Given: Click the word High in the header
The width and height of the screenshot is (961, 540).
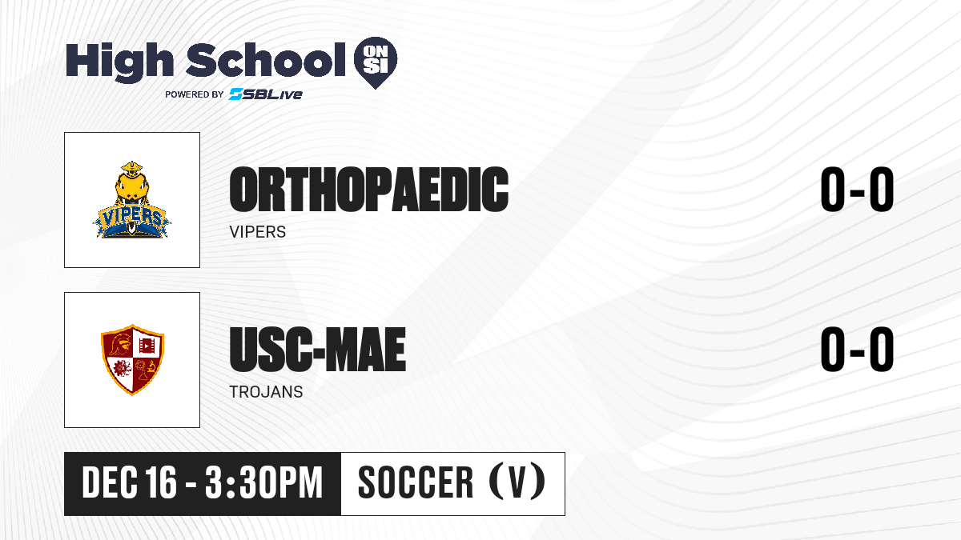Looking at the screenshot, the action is point(119,62).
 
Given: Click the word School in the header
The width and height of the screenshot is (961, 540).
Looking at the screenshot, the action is point(266,60).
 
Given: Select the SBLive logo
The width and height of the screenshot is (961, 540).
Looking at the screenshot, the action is point(266,94).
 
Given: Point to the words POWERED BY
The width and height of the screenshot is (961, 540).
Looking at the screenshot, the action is point(195,94).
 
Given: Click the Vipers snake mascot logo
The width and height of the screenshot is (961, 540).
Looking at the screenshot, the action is point(131,200).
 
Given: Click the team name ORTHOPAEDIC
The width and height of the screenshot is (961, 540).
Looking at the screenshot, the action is point(369,190).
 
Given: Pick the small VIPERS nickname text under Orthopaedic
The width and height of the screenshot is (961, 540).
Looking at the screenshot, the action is point(257,232).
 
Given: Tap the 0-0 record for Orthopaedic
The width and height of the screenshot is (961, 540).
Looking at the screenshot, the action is point(857,190).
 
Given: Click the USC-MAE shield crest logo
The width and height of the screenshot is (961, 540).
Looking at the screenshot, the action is point(132,359).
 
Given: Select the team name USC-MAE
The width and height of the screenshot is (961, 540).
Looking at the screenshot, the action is point(317,350).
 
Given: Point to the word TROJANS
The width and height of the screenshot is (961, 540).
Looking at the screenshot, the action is point(266,392).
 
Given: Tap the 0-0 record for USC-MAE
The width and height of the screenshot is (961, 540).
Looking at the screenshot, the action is point(857,350).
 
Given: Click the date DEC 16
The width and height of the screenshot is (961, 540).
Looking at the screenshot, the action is point(129,482).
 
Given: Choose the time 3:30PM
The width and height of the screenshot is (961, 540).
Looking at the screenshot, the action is point(263,482).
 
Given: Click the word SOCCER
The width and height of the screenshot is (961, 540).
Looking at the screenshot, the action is point(416,482).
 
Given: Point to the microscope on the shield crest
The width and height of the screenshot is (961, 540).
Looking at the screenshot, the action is point(151,367).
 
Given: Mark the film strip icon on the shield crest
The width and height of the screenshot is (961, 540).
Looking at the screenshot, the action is point(147,345).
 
